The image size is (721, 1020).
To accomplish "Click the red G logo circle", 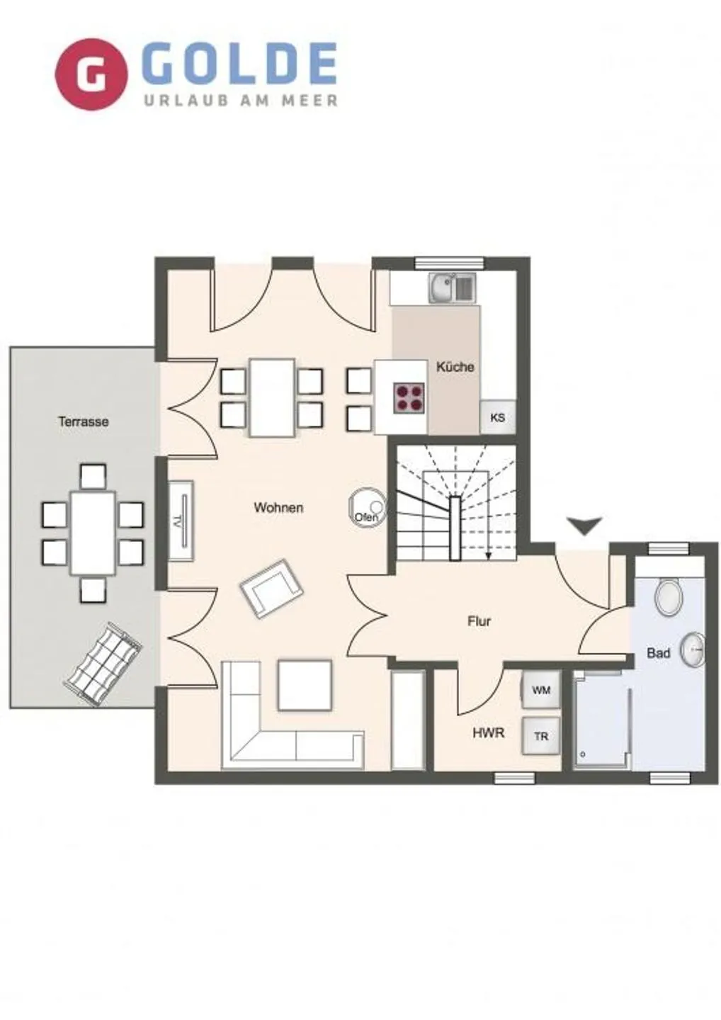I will click(x=91, y=74).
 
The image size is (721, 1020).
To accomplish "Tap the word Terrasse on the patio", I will click(x=84, y=421).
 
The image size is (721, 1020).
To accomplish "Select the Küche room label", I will click(x=455, y=367).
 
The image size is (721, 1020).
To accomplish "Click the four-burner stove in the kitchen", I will click(x=410, y=397).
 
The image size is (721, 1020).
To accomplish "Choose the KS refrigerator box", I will click(x=497, y=417).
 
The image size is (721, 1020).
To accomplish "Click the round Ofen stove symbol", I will click(x=367, y=507).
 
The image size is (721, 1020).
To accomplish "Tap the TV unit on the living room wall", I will click(x=180, y=521).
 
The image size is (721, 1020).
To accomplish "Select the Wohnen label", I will click(x=278, y=507).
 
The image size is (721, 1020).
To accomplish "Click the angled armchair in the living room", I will click(x=271, y=587).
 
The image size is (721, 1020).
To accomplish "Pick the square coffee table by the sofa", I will click(x=305, y=684).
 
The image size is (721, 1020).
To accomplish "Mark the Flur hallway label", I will click(x=479, y=621).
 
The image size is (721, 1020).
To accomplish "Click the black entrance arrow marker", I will click(x=584, y=525).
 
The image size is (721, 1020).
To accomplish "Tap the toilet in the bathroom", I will click(x=668, y=596).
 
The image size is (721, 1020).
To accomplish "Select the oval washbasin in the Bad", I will click(x=693, y=649).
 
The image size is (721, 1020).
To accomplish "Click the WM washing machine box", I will click(x=540, y=690).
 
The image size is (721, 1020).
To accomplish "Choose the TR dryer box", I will click(x=540, y=737).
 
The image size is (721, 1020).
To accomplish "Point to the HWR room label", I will click(x=488, y=732).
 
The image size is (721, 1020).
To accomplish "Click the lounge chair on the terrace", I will click(x=104, y=664).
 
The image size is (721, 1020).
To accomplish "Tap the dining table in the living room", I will click(x=272, y=397).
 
